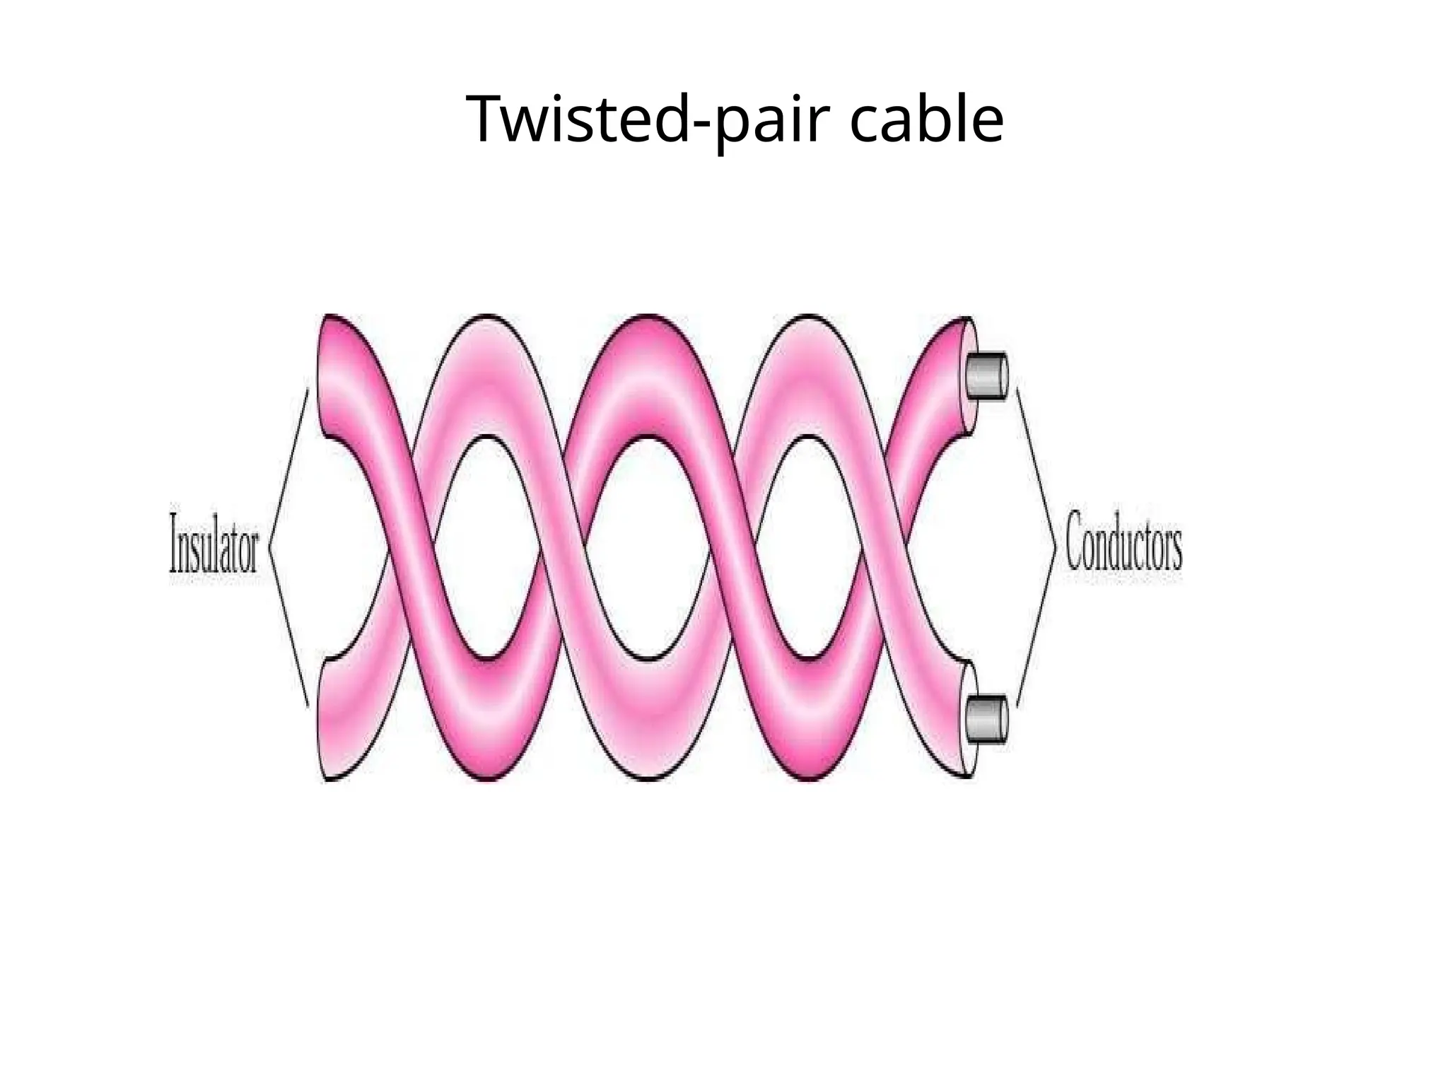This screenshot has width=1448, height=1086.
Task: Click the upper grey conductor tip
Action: click(x=987, y=375)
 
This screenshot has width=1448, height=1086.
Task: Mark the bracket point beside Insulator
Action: click(x=271, y=546)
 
